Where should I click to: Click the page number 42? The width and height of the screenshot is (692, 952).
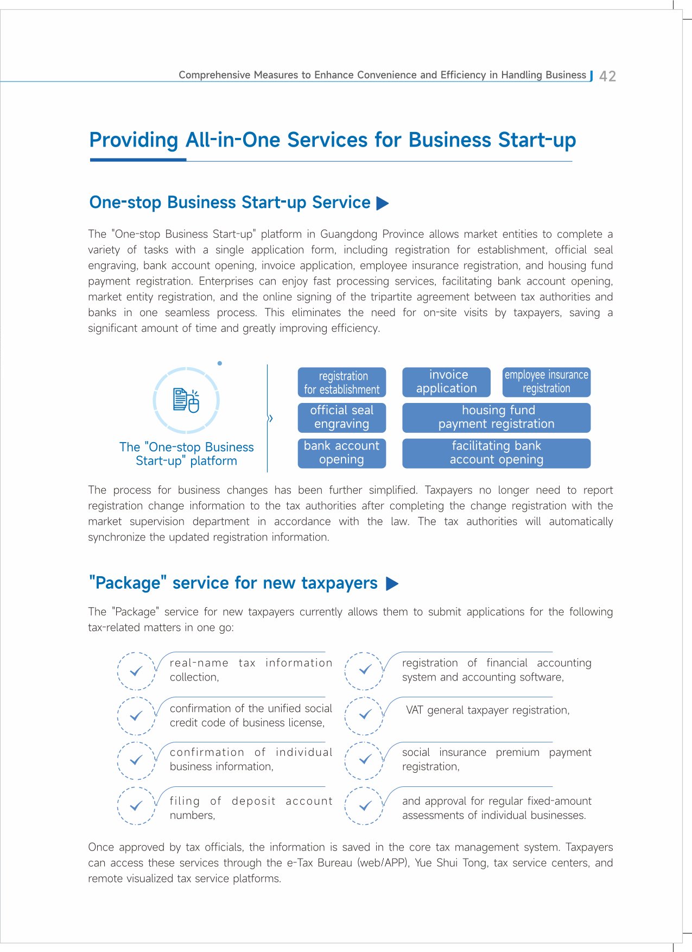click(x=607, y=76)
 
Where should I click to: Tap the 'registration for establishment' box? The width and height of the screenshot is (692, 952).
click(x=342, y=382)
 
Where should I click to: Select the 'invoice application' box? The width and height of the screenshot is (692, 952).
click(x=446, y=382)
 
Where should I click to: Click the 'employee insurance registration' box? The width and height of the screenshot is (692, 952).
click(x=546, y=382)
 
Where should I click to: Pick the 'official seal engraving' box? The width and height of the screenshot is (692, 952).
click(x=342, y=417)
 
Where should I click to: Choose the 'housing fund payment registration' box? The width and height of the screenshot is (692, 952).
click(x=496, y=417)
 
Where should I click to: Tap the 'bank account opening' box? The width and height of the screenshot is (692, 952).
click(x=342, y=453)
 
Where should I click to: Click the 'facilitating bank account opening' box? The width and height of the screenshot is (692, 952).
click(x=496, y=453)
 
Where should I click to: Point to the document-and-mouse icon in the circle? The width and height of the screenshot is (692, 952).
click(x=186, y=400)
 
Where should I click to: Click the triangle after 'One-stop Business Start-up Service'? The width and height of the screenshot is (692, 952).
click(x=383, y=204)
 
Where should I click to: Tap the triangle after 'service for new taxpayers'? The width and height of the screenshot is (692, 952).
click(x=392, y=584)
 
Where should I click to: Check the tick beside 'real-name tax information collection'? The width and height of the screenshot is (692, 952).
click(x=136, y=671)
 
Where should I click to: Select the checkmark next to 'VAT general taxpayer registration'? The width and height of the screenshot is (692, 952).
click(x=365, y=715)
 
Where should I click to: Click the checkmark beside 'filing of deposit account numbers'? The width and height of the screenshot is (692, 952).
click(x=136, y=806)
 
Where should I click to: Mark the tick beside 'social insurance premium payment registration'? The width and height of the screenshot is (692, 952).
click(x=365, y=760)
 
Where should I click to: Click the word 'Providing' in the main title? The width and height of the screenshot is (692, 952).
click(x=134, y=140)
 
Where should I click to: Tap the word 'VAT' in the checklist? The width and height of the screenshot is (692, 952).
click(x=415, y=710)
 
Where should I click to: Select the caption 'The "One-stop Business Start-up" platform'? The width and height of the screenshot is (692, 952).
click(x=186, y=454)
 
